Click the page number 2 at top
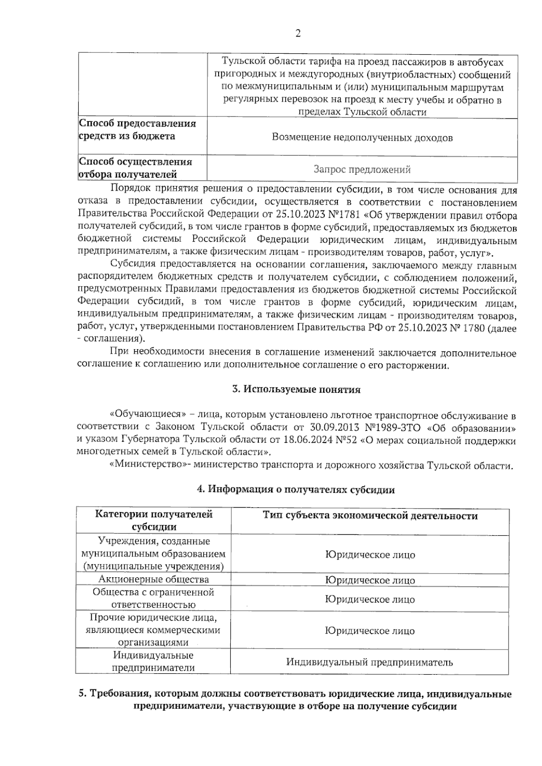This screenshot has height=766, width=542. (x=298, y=34)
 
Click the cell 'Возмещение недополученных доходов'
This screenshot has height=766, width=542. (x=362, y=138)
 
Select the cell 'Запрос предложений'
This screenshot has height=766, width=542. (x=362, y=170)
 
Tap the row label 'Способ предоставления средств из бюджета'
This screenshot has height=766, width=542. (x=137, y=130)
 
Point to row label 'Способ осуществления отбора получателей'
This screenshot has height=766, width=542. (x=135, y=168)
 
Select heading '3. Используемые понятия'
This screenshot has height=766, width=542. (x=296, y=390)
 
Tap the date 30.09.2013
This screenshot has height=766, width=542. (x=334, y=427)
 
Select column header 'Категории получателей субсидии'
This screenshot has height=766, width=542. (x=154, y=520)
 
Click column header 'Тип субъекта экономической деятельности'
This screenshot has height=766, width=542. (x=370, y=516)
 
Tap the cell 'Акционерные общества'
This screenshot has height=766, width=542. (x=154, y=579)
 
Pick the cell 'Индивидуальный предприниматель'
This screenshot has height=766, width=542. (x=369, y=663)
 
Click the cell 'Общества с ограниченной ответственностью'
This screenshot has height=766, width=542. (x=154, y=598)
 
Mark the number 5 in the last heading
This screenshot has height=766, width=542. (x=82, y=694)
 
